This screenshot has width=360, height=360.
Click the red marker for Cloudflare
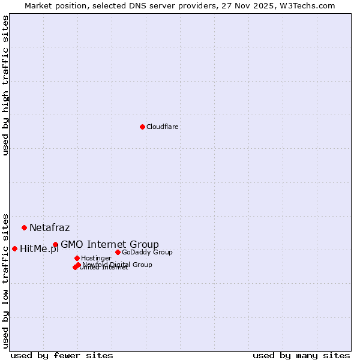click(x=142, y=127)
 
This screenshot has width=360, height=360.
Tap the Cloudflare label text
click(x=163, y=127)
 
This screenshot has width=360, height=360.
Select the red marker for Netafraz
click(x=24, y=227)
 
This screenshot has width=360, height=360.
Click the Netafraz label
click(x=49, y=228)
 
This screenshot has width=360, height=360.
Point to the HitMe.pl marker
click(x=14, y=248)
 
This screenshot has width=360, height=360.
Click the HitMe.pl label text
click(x=39, y=249)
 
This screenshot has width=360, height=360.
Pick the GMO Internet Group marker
click(x=55, y=244)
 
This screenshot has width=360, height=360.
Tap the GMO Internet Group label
click(x=110, y=244)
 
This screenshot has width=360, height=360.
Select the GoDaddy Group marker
click(x=118, y=252)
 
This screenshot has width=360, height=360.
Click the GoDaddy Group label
click(x=147, y=252)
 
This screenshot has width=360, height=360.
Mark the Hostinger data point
click(x=77, y=258)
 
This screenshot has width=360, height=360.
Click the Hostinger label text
click(x=97, y=258)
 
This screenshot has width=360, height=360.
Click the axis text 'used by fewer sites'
click(x=62, y=355)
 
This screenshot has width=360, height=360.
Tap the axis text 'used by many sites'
click(x=301, y=355)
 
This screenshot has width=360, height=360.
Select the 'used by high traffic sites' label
click(x=5, y=86)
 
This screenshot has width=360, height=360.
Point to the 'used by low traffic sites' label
click(x=5, y=280)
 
